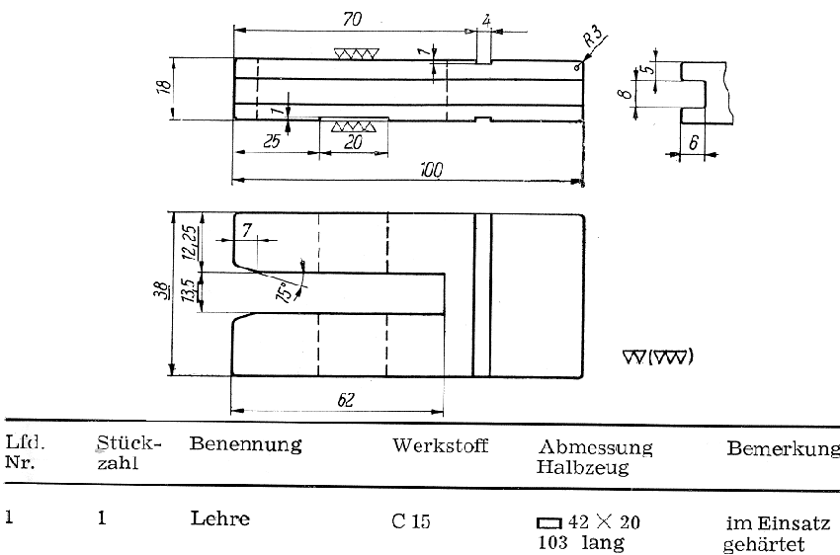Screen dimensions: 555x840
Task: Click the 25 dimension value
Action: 271,141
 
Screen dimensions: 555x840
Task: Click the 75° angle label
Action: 287,293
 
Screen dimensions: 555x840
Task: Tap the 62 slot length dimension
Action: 346,400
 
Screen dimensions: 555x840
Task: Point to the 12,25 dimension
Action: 188,241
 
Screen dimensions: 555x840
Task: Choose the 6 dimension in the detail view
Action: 694,142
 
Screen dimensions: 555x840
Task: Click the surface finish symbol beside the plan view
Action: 658,357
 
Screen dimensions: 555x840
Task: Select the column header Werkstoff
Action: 440,445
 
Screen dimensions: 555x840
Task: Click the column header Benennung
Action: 244,444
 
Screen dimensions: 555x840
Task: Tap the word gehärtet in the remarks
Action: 764,544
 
